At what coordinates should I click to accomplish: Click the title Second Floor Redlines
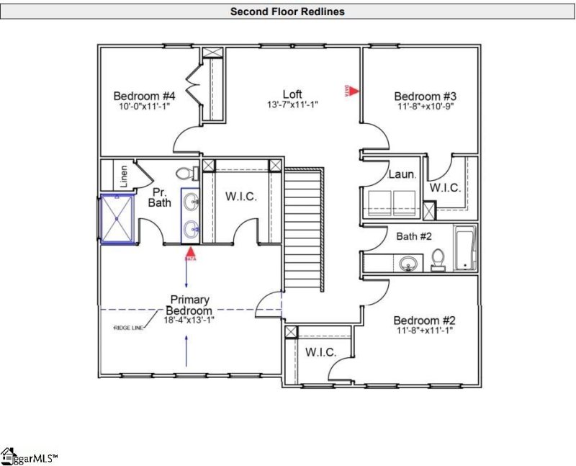(287, 12)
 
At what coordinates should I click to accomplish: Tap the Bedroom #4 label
(145, 96)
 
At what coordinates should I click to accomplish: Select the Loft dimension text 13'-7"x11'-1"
(292, 105)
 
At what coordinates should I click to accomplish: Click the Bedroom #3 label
(426, 96)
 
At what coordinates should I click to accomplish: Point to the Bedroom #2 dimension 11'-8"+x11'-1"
(424, 331)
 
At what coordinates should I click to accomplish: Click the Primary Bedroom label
(190, 305)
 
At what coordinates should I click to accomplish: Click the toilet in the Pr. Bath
(185, 173)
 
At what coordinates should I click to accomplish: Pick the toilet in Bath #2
(438, 259)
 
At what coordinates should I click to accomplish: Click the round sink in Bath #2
(410, 264)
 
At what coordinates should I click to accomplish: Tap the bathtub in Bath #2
(464, 248)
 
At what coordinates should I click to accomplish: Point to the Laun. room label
(402, 174)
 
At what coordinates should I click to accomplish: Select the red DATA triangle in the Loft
(354, 90)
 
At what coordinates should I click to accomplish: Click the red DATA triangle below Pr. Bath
(191, 254)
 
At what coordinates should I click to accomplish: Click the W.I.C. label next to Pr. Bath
(240, 197)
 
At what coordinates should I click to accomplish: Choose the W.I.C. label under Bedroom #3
(445, 188)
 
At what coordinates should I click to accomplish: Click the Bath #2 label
(415, 235)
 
